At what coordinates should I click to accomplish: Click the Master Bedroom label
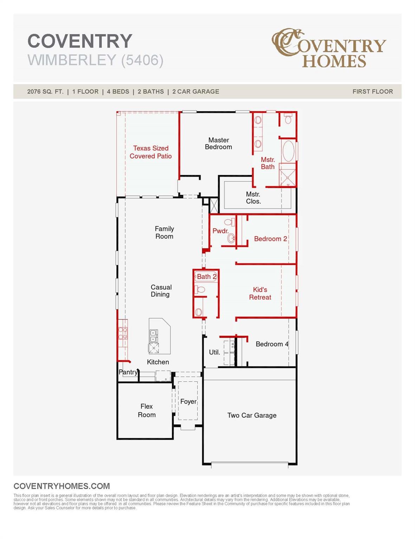tap(218, 144)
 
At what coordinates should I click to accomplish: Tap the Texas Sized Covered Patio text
tap(150, 152)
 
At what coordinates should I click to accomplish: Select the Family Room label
tap(164, 232)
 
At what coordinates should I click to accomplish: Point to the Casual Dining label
tap(161, 291)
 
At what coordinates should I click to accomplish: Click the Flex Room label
tap(147, 411)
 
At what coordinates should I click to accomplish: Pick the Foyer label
tap(188, 401)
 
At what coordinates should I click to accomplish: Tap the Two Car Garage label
tap(252, 415)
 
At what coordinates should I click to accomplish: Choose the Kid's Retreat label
tap(260, 293)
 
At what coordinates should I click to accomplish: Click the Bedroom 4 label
tap(272, 344)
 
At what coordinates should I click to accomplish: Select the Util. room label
tap(214, 352)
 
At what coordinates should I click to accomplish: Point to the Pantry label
tap(128, 372)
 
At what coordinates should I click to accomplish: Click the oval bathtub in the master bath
tap(288, 151)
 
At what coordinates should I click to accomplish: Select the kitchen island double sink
tap(154, 335)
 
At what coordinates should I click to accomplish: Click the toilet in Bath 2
tap(200, 289)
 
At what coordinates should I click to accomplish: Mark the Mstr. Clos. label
tap(253, 198)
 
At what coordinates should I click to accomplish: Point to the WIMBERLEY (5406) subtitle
tap(95, 60)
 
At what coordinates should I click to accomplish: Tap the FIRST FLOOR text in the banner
tap(372, 92)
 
